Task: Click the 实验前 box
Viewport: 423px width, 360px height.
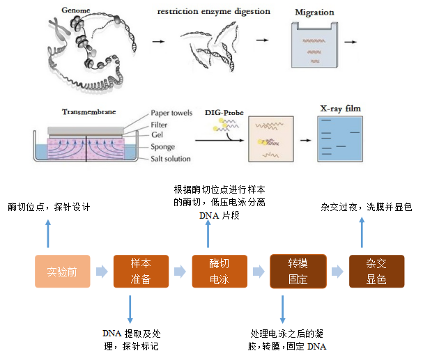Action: (63, 272)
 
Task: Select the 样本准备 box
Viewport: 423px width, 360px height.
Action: (141, 272)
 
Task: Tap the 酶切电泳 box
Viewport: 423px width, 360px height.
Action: (220, 272)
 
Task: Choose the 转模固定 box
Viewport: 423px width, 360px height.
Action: (298, 272)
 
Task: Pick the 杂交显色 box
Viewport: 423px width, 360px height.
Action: (376, 272)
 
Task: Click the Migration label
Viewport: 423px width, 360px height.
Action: (314, 13)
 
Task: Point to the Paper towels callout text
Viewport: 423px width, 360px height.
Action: (171, 113)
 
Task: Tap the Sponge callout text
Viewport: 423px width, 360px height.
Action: (165, 148)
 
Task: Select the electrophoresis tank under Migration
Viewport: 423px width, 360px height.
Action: (312, 47)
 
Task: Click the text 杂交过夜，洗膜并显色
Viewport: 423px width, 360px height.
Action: (366, 208)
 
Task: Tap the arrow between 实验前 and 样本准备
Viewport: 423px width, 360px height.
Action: (102, 272)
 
